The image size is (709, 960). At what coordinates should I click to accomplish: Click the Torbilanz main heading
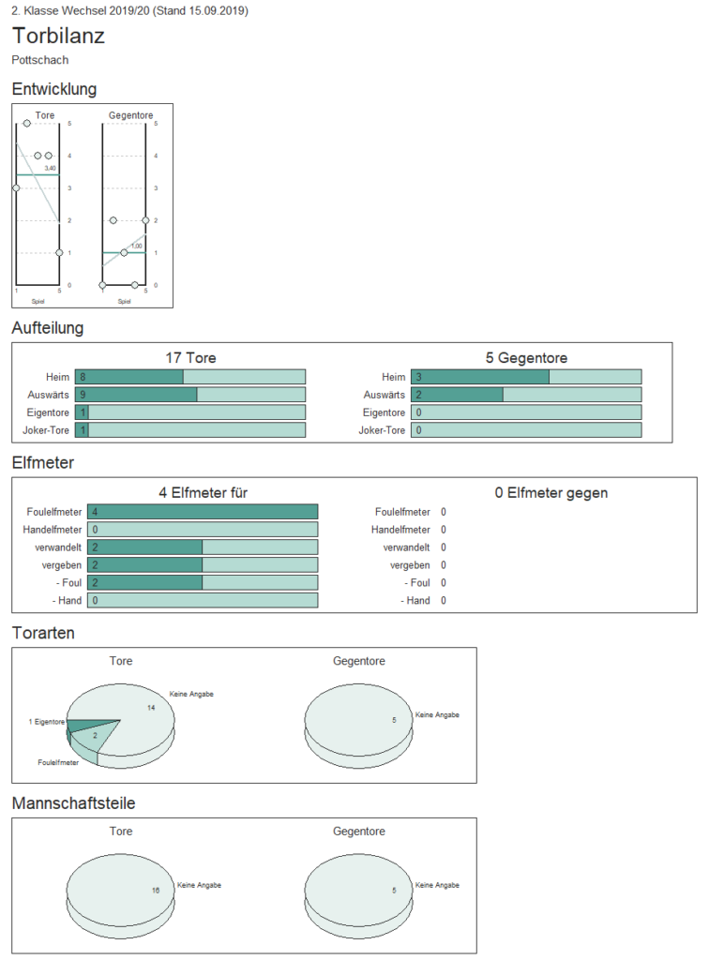tap(58, 37)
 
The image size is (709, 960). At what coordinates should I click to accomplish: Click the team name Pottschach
tap(39, 60)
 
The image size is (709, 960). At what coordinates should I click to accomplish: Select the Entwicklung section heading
tap(53, 89)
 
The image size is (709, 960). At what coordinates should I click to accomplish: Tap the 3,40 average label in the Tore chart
tap(51, 169)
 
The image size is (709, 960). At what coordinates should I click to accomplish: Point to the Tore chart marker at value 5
tap(27, 124)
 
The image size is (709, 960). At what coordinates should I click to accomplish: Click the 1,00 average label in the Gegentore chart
tap(137, 247)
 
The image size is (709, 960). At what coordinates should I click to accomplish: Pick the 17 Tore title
tap(190, 358)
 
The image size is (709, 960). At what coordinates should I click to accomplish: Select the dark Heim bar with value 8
tap(129, 377)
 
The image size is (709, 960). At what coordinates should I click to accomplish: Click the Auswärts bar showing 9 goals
tap(136, 395)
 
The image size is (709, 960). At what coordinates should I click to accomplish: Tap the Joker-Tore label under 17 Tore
tap(46, 430)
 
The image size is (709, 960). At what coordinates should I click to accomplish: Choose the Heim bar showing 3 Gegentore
tap(480, 377)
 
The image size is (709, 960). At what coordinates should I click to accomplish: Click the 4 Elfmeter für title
tap(203, 493)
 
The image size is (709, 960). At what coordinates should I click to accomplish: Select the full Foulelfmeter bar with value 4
tap(203, 512)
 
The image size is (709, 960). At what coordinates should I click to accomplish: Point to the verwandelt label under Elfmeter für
tap(58, 547)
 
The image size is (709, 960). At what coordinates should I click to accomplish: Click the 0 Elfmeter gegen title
tap(551, 493)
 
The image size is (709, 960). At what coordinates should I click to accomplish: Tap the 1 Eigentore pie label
tap(47, 722)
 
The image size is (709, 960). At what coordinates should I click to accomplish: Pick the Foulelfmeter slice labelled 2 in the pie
tap(92, 738)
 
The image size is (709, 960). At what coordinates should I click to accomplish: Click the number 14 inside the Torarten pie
tap(151, 708)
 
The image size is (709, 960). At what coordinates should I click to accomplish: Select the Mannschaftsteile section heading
tap(73, 803)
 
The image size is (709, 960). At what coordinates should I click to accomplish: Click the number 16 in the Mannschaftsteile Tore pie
tap(156, 891)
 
